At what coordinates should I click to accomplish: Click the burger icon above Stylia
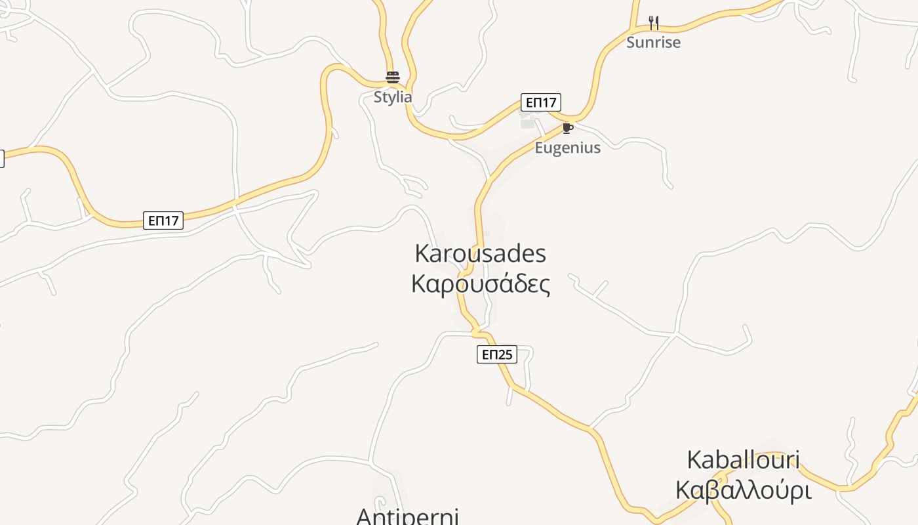(x=393, y=77)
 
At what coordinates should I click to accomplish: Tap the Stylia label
(x=393, y=97)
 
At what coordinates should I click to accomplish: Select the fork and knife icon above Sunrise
(x=653, y=23)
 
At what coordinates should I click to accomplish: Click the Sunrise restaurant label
(x=653, y=43)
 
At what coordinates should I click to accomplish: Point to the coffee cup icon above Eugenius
(x=567, y=128)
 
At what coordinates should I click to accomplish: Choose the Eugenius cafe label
(x=567, y=148)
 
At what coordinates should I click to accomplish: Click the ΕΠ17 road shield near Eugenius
(x=541, y=102)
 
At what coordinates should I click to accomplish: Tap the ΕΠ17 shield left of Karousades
(x=163, y=220)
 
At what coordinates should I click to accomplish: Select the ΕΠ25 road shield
(x=496, y=355)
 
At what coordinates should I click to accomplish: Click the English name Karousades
(x=481, y=253)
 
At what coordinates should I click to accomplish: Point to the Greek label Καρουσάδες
(x=481, y=284)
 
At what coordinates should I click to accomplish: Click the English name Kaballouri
(x=743, y=460)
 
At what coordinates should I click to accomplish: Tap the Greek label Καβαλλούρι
(x=743, y=491)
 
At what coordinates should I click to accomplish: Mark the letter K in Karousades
(x=422, y=253)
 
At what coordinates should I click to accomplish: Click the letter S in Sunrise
(x=631, y=43)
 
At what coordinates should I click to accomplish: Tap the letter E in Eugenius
(x=539, y=148)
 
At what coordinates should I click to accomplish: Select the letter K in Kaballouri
(x=694, y=460)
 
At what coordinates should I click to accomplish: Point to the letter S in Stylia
(x=378, y=97)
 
